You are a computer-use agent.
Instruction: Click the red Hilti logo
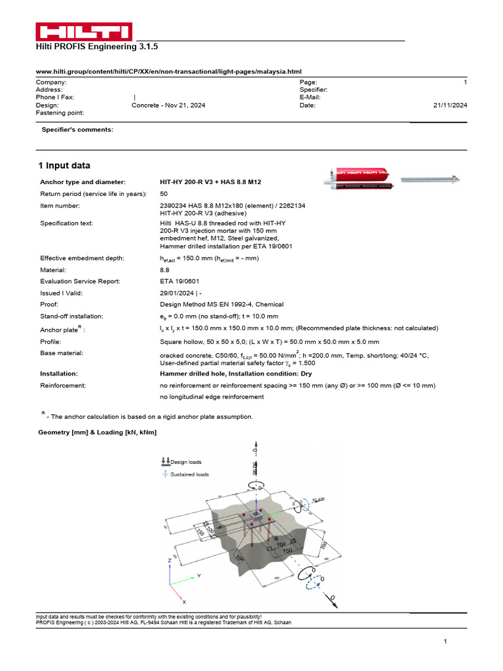83,32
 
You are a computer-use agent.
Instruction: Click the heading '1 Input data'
64,166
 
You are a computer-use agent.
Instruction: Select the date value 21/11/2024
450,105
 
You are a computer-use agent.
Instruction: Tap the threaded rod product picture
433,178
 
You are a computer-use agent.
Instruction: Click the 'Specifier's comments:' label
77,130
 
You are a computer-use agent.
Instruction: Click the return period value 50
164,194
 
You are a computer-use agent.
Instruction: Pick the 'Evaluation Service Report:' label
80,281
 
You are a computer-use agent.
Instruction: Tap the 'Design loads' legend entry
185,462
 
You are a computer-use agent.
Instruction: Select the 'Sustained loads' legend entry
189,474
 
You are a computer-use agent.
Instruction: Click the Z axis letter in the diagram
169,562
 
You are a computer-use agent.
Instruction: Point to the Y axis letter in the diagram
197,575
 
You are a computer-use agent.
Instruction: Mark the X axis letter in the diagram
184,601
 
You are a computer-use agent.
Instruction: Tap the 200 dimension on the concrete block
324,546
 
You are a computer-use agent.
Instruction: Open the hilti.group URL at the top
168,71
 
